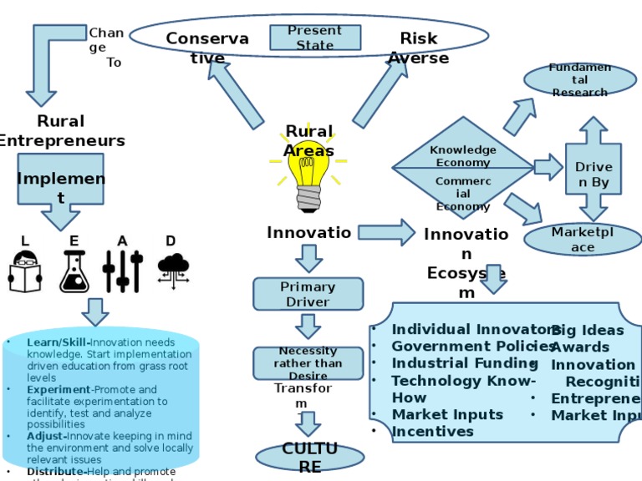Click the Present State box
pyautogui.click(x=315, y=38)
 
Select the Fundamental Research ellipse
pyautogui.click(x=579, y=80)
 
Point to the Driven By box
pyautogui.click(x=594, y=175)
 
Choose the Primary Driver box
pyautogui.click(x=308, y=294)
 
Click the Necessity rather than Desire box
pyautogui.click(x=308, y=363)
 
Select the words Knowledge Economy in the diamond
pyautogui.click(x=463, y=156)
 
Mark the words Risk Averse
pyautogui.click(x=418, y=48)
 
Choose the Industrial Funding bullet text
pyautogui.click(x=464, y=363)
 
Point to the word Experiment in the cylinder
pyautogui.click(x=58, y=389)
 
